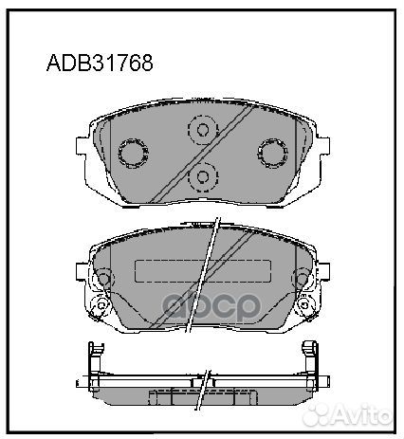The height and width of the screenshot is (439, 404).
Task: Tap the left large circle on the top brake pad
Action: point(130,153)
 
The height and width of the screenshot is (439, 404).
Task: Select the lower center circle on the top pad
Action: point(201,176)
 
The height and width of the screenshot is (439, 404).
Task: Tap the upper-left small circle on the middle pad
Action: point(102,278)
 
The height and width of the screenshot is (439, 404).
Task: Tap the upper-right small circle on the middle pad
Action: point(303,278)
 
